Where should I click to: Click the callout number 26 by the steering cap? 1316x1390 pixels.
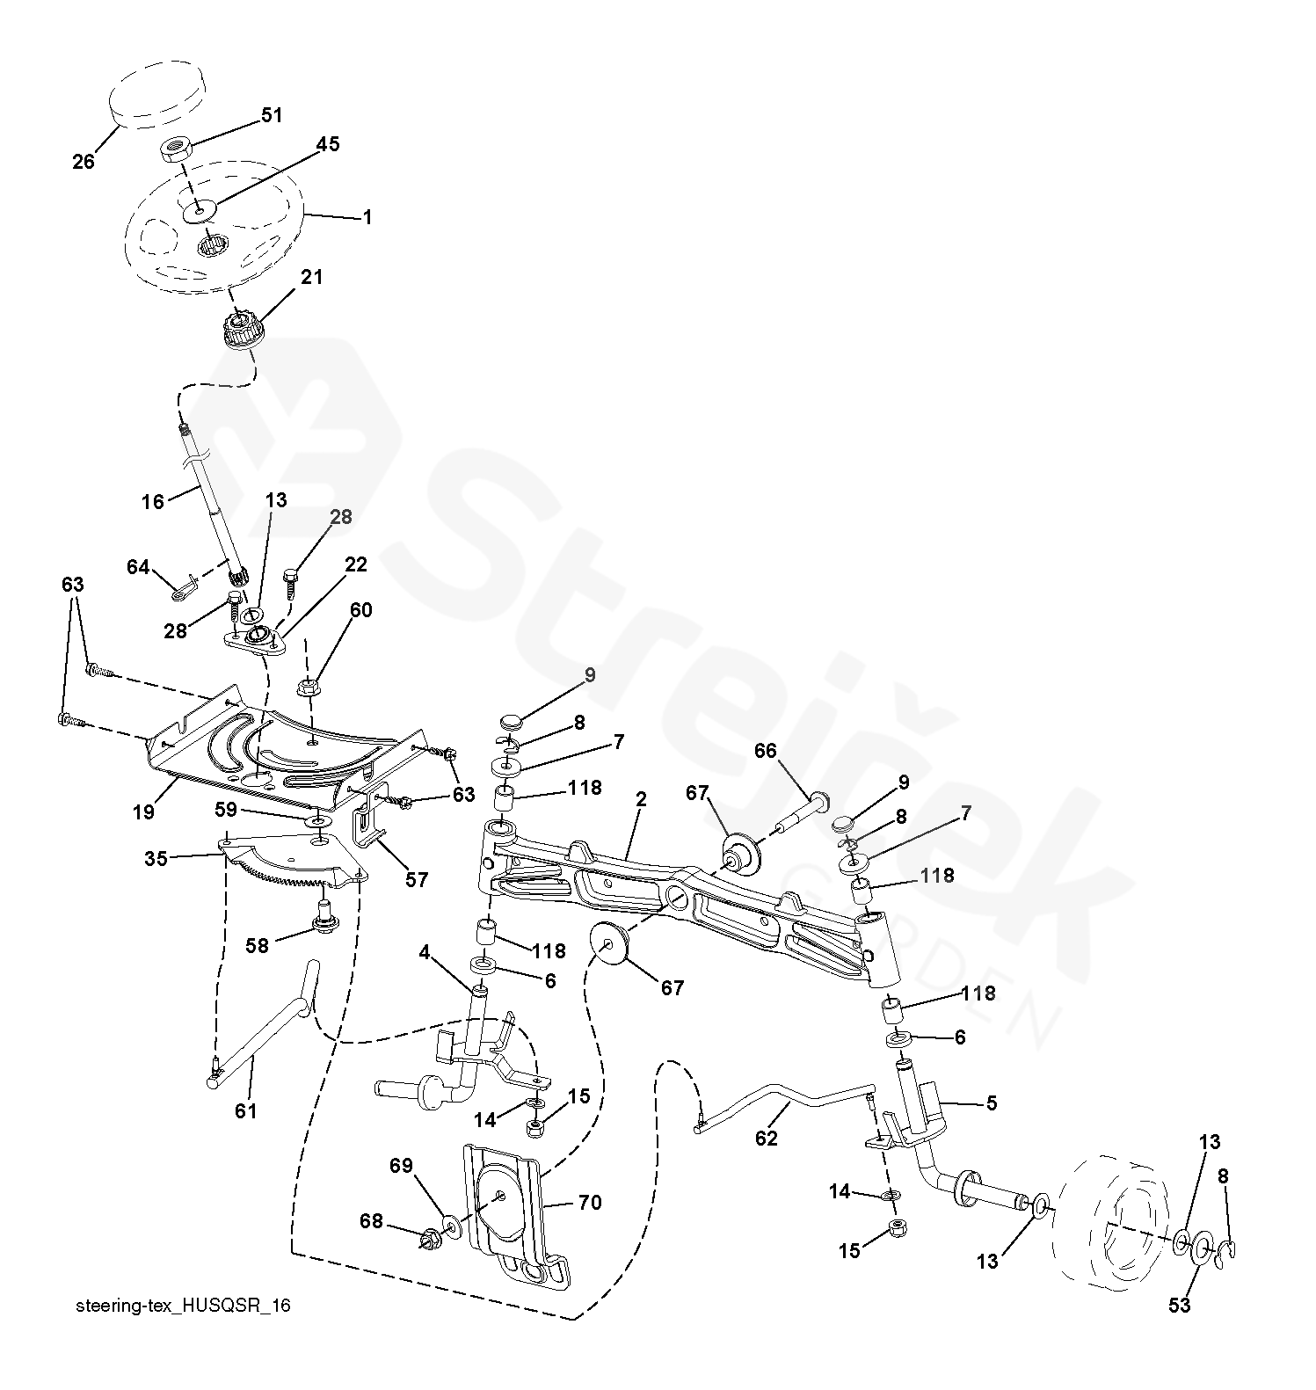(x=84, y=162)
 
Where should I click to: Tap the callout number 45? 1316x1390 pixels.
(x=327, y=144)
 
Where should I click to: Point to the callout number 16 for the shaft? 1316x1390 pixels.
(x=153, y=501)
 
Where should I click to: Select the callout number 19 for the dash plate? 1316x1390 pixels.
(x=143, y=811)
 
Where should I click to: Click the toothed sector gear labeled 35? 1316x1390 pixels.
(x=290, y=866)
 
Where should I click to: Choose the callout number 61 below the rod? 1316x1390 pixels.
(x=246, y=1110)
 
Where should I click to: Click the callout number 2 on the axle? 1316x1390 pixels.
(x=641, y=799)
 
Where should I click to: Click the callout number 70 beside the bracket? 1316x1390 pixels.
(x=590, y=1202)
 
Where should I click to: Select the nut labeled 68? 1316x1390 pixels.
(x=432, y=1240)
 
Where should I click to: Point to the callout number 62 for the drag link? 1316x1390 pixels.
(x=767, y=1138)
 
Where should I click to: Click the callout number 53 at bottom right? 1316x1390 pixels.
(x=1180, y=1305)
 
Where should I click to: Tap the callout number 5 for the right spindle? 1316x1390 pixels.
(x=992, y=1103)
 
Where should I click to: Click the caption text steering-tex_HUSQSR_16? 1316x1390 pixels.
(x=183, y=1306)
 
